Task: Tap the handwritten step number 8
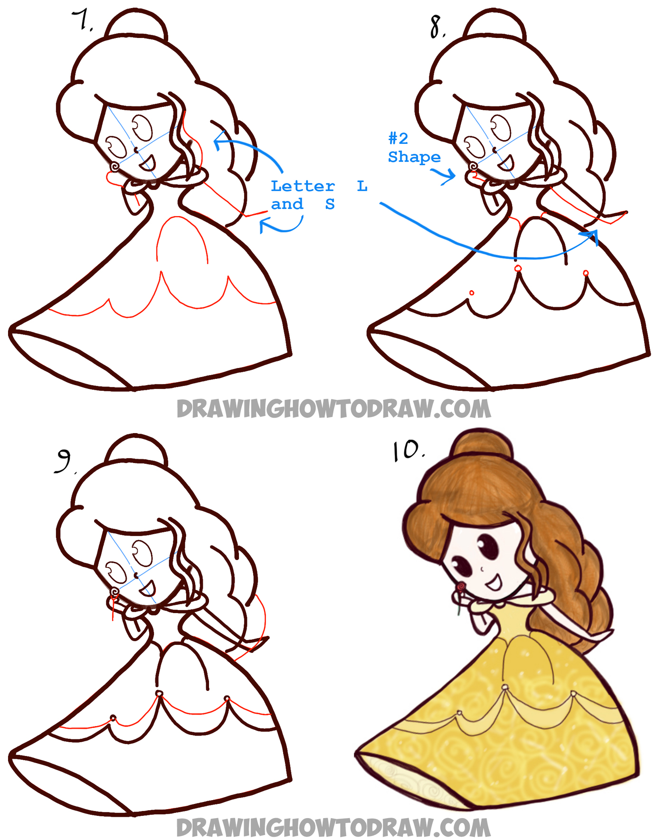coord(437,27)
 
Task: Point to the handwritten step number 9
coord(64,461)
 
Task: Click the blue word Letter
coord(303,186)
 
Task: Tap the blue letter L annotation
coord(362,186)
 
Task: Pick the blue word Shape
coord(414,157)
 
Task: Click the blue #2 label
coord(398,138)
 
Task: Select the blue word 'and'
coord(287,204)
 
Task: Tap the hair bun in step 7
coord(137,24)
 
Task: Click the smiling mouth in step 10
coord(494,581)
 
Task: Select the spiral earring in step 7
coord(114,167)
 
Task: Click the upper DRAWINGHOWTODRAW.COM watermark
coord(333,409)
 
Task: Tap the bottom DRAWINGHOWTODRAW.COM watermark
coord(333,828)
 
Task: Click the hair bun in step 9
coord(137,449)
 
